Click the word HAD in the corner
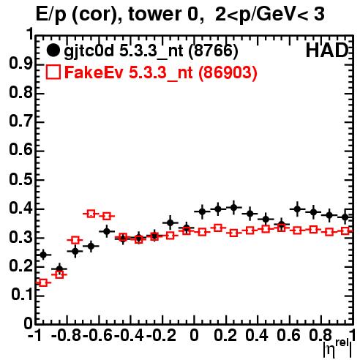327,50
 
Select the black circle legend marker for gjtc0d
53,50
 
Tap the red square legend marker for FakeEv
53,72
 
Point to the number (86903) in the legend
228,72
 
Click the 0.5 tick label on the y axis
20,179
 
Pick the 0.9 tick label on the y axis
20,64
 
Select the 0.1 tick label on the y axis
21,295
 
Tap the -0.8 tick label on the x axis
67,335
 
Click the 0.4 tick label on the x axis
257,335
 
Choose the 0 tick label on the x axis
194,335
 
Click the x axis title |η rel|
337,348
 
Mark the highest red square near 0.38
91,214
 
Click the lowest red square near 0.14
43,283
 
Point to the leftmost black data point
43,255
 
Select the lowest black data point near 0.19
59,269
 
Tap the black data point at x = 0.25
233,208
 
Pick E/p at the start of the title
51,15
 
